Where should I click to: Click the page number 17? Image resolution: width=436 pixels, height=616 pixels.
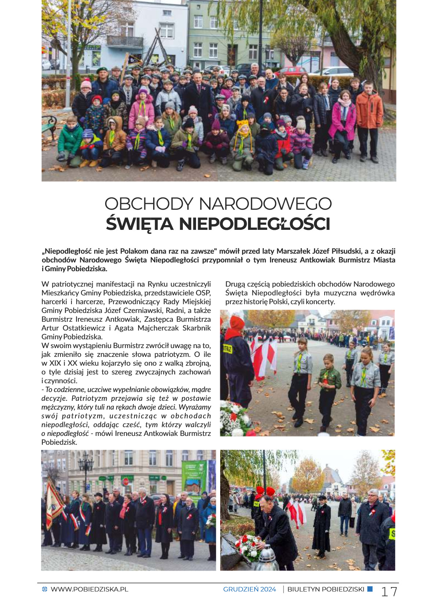[x=389, y=591]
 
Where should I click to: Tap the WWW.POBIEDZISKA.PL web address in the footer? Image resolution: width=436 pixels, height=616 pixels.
[x=89, y=589]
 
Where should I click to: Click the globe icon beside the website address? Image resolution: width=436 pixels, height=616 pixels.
[x=45, y=589]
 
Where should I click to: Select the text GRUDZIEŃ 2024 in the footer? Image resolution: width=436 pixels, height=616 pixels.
[x=249, y=589]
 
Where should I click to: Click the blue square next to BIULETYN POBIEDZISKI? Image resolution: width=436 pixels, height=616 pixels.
[x=370, y=589]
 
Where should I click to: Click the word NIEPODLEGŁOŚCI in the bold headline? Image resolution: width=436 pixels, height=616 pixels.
[x=254, y=224]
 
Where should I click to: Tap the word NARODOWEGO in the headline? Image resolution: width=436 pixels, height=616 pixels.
[x=265, y=204]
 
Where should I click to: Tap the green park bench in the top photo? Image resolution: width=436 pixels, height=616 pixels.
[x=49, y=126]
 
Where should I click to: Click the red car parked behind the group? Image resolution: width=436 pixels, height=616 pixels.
[x=292, y=70]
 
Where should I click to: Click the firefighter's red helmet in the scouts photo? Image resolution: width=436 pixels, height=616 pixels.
[x=237, y=324]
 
